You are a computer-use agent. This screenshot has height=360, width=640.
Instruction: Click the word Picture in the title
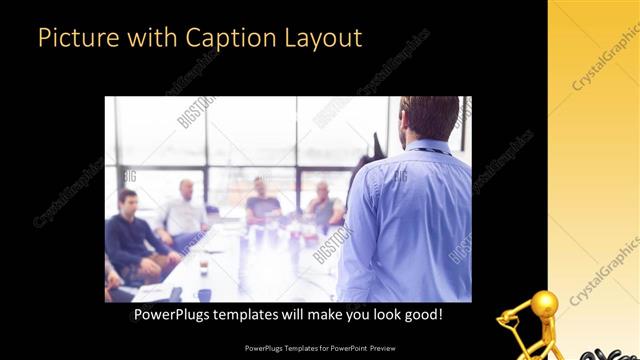click(71, 38)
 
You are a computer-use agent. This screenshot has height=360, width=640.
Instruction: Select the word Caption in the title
click(218, 38)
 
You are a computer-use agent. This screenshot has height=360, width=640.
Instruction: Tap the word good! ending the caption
click(421, 314)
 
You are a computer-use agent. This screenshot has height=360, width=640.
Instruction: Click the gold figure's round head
click(544, 304)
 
